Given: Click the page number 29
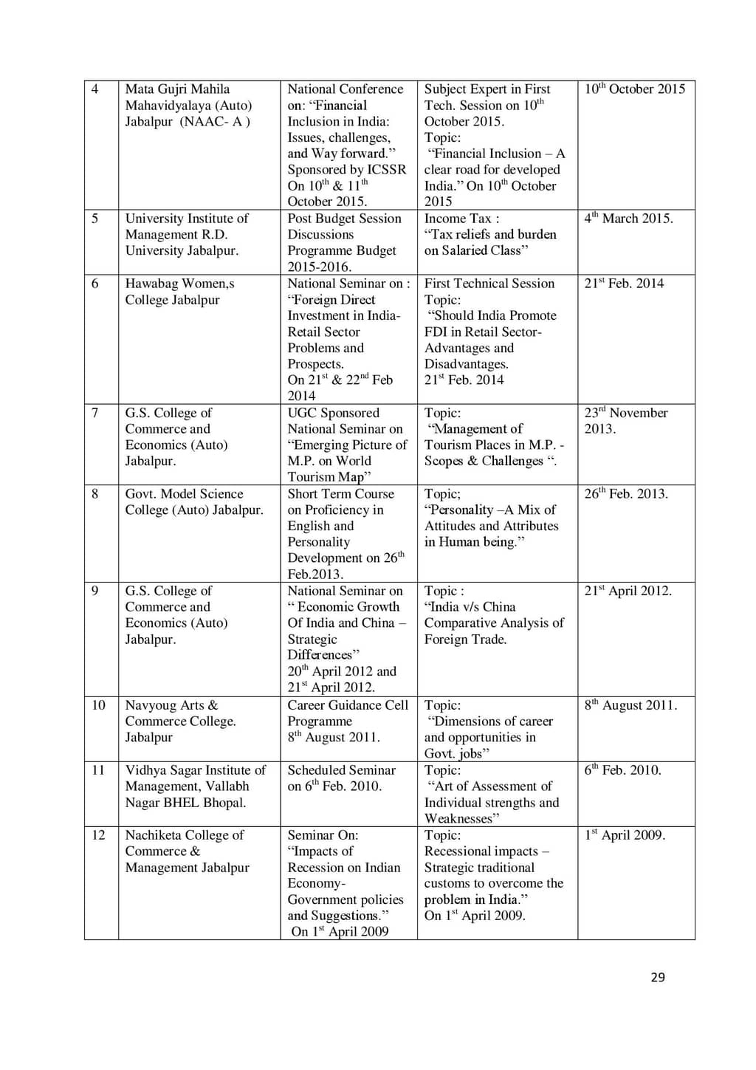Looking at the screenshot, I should (658, 977).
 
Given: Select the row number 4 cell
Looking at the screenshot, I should (94, 89).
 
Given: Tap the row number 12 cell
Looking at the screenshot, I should (98, 835).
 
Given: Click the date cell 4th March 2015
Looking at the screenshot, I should (628, 219).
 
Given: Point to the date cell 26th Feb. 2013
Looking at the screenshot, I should (625, 494).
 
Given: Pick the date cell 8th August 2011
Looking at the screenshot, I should (630, 705).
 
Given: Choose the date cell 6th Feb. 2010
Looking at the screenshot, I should (622, 770).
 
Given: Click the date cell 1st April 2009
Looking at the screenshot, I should (625, 835).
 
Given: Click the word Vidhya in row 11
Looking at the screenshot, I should (147, 770).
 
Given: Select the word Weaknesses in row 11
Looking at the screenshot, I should (461, 818).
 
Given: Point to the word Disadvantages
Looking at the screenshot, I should (466, 364).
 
